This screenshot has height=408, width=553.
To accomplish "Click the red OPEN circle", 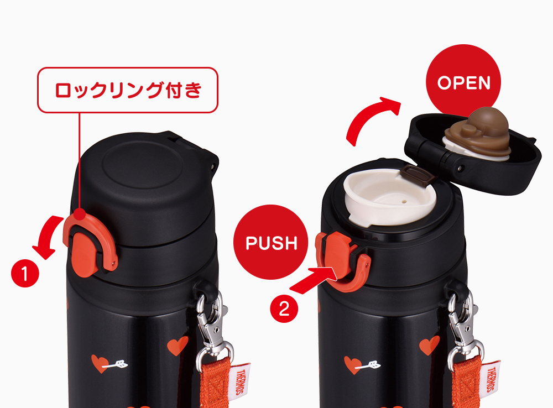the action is coord(463,81).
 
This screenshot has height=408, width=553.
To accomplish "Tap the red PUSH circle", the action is coord(271,242).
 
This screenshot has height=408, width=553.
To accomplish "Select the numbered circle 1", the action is coord(25,273).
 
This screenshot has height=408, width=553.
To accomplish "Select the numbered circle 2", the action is coord(284,309).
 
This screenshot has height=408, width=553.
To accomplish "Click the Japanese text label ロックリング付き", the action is coord(128,90).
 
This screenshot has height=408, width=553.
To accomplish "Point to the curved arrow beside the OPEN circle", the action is coord(367,116).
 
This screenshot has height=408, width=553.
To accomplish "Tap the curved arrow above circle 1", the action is coord(48,236).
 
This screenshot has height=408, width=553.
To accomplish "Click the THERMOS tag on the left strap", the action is coord(241,381).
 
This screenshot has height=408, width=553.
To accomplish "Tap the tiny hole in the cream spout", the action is coord(403,202).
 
